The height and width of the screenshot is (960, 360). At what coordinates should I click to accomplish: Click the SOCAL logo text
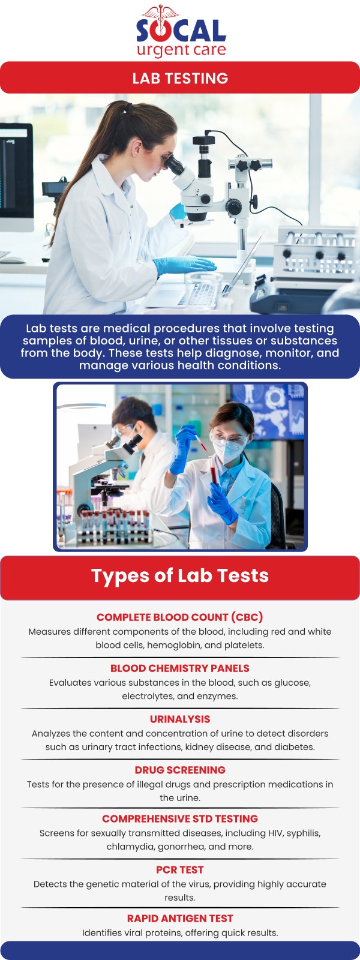(181, 31)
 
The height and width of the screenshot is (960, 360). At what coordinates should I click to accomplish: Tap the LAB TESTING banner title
(180, 78)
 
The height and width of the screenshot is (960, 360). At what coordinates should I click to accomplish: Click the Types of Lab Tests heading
(180, 575)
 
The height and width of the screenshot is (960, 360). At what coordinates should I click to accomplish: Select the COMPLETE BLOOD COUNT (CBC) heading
(180, 617)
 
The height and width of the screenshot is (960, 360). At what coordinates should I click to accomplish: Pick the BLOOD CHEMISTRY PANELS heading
(180, 668)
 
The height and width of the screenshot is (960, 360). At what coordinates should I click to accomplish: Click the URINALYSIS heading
(180, 719)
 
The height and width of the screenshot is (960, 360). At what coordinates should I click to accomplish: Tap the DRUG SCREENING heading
(180, 770)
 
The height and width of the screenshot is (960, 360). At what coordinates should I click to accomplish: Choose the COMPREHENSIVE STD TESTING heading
(180, 818)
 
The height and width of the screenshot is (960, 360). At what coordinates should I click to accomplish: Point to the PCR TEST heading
(180, 869)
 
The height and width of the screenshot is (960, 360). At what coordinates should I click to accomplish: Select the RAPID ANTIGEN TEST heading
(180, 918)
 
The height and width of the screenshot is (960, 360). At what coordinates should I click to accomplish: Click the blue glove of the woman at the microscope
(183, 265)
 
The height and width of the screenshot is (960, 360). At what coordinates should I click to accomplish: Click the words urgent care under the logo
(181, 50)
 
